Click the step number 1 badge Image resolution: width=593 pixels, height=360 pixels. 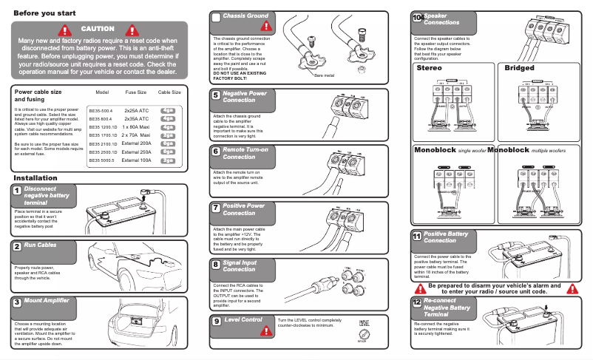16,191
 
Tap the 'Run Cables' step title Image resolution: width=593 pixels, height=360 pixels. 40,245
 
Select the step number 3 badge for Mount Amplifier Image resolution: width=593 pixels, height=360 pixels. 16,302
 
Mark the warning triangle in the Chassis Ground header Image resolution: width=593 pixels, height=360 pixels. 266,24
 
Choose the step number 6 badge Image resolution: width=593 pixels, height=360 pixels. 215,152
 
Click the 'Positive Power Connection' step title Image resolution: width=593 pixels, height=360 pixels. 244,209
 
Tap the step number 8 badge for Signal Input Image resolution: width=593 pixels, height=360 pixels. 215,265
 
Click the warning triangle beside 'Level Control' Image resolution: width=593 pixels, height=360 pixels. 266,330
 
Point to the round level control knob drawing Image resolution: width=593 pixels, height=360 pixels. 363,334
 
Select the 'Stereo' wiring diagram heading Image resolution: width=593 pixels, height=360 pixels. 429,68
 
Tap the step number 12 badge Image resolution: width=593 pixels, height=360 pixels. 417,303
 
